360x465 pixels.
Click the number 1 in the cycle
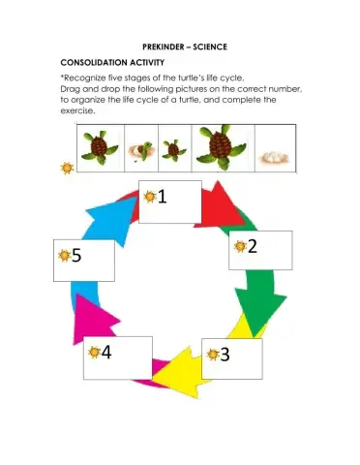162,197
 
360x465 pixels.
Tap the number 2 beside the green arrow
252,246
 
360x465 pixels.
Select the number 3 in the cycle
225,354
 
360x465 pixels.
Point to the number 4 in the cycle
105,352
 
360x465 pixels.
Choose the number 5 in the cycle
76,257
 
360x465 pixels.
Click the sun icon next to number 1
149,197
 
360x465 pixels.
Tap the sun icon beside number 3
211,354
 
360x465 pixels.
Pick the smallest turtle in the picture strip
175,150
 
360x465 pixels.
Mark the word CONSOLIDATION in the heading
93,61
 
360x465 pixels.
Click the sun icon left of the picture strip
66,168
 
